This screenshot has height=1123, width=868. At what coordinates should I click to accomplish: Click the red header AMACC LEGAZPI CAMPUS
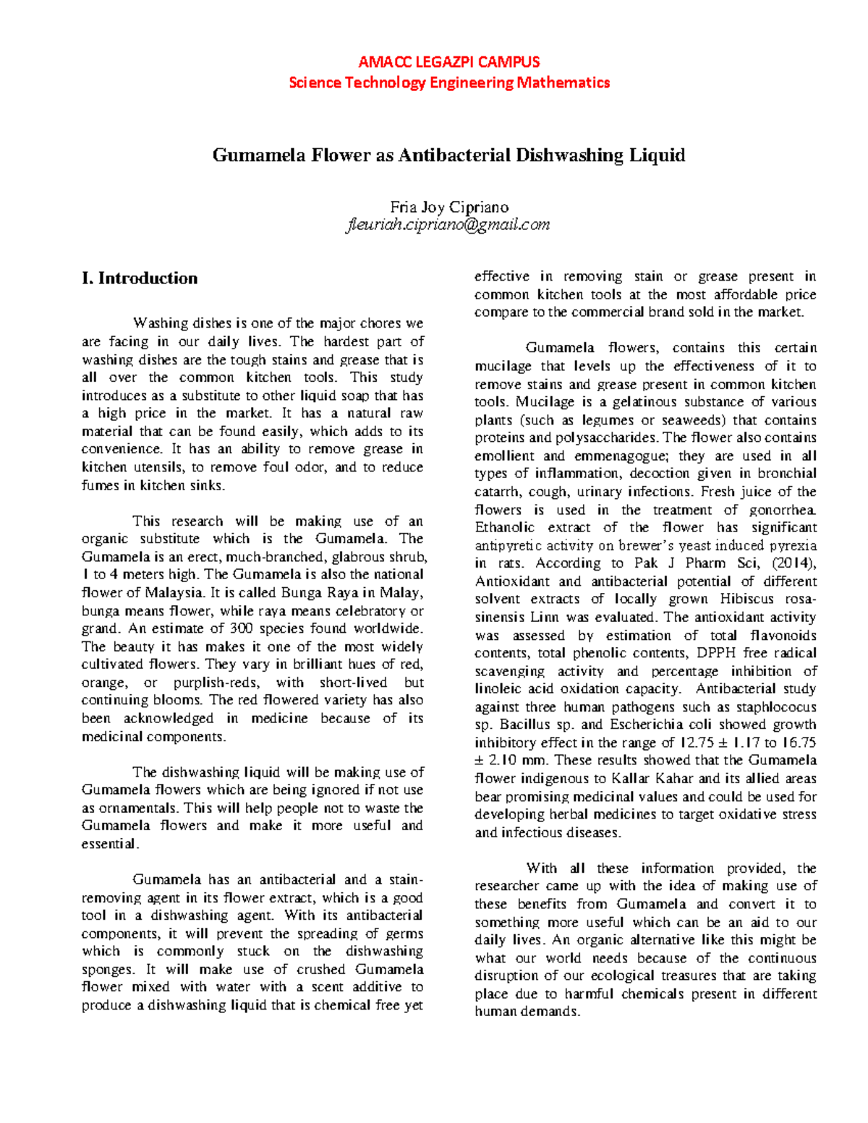point(448,62)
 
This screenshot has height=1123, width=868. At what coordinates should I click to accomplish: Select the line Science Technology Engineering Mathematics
point(448,82)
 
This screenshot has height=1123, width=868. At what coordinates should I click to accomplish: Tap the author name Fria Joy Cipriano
point(448,207)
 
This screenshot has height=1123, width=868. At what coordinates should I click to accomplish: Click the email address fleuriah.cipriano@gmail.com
point(448,225)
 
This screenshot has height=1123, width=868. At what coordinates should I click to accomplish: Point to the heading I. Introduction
point(140,278)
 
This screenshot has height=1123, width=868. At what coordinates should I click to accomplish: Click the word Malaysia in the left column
point(174,593)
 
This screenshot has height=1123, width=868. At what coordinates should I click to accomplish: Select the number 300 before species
point(241,628)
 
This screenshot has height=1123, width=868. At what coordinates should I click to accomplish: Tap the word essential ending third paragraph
point(109,844)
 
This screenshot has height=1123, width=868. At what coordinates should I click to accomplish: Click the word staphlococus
point(776,707)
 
